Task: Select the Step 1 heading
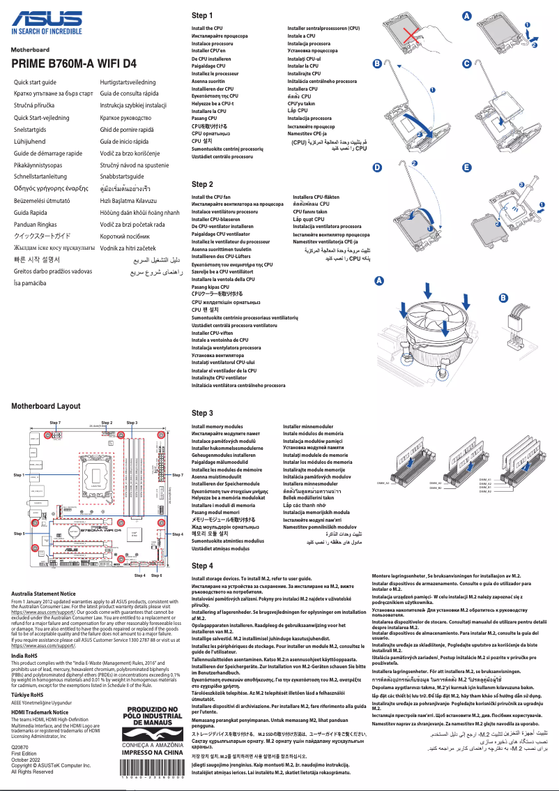pos(202,15)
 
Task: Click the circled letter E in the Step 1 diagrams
pos(466,167)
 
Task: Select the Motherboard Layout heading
pos(45,406)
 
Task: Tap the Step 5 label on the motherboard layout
pos(19,533)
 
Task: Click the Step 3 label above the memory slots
pos(132,423)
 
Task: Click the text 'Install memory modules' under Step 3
pos(217,426)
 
